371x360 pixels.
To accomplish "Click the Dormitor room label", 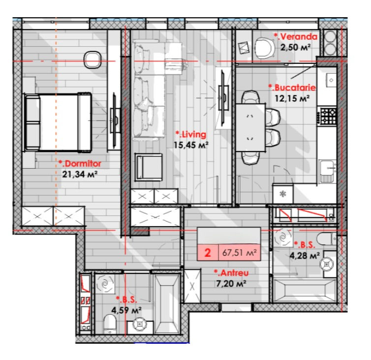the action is [80, 164].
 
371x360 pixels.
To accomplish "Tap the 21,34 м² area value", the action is [80, 175].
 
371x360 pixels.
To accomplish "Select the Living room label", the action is [191, 134].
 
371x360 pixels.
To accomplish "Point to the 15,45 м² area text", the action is [191, 145].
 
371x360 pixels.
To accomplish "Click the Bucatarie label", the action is [292, 88].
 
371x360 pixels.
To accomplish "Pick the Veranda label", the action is [296, 37].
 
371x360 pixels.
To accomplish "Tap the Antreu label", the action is [231, 273].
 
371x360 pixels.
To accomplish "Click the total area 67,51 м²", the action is [240, 253].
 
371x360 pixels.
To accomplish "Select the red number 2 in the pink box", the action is [208, 253].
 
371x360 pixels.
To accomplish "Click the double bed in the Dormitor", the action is [58, 122].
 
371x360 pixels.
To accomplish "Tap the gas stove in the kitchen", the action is [328, 116].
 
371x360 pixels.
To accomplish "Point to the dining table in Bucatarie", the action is [250, 127].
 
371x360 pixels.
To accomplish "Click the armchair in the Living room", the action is [149, 167].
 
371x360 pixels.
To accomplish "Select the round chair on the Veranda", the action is [265, 49].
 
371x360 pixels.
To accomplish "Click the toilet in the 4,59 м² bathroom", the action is [110, 324].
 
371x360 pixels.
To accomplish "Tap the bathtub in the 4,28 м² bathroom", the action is [305, 291].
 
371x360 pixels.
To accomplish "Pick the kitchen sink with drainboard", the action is [328, 171].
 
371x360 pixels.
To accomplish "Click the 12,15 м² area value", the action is [292, 98].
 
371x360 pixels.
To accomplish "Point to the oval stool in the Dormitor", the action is [93, 60].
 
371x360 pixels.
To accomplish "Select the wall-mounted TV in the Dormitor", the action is [115, 120].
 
